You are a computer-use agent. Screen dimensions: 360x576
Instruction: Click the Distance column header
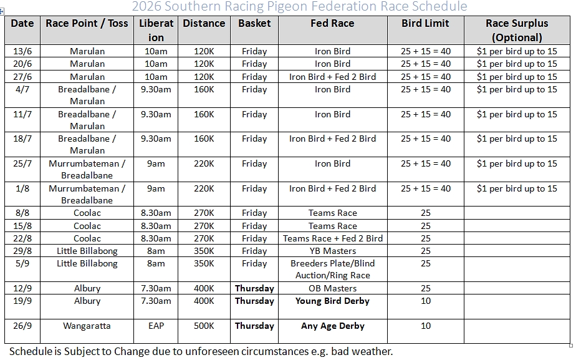[204, 24]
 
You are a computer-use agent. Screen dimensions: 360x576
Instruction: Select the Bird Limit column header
[426, 24]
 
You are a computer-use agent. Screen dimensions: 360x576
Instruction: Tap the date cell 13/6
[22, 51]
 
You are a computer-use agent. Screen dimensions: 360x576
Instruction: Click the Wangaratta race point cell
[87, 326]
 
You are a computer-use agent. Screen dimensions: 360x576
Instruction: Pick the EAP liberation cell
[156, 326]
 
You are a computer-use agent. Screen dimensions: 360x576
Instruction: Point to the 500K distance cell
[204, 326]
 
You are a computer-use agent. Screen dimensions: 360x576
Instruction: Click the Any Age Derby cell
[332, 326]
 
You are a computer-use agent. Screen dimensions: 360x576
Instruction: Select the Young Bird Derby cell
[332, 301]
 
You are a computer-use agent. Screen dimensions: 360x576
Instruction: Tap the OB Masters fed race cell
[332, 288]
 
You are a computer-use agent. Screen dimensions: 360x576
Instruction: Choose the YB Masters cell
[332, 251]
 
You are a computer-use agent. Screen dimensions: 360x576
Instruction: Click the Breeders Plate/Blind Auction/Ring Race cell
[332, 269]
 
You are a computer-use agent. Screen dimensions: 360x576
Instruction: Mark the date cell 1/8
[22, 188]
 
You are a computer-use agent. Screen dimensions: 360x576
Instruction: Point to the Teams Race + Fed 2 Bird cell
[332, 238]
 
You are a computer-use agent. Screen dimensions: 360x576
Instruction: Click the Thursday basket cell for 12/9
[254, 288]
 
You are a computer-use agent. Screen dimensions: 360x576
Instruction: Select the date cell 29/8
[22, 251]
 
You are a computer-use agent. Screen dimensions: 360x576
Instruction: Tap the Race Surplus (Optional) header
[517, 30]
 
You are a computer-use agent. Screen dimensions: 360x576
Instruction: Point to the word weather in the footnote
[371, 351]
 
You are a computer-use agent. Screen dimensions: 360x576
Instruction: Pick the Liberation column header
[156, 30]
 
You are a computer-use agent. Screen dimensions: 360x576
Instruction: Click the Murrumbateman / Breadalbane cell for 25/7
[87, 169]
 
